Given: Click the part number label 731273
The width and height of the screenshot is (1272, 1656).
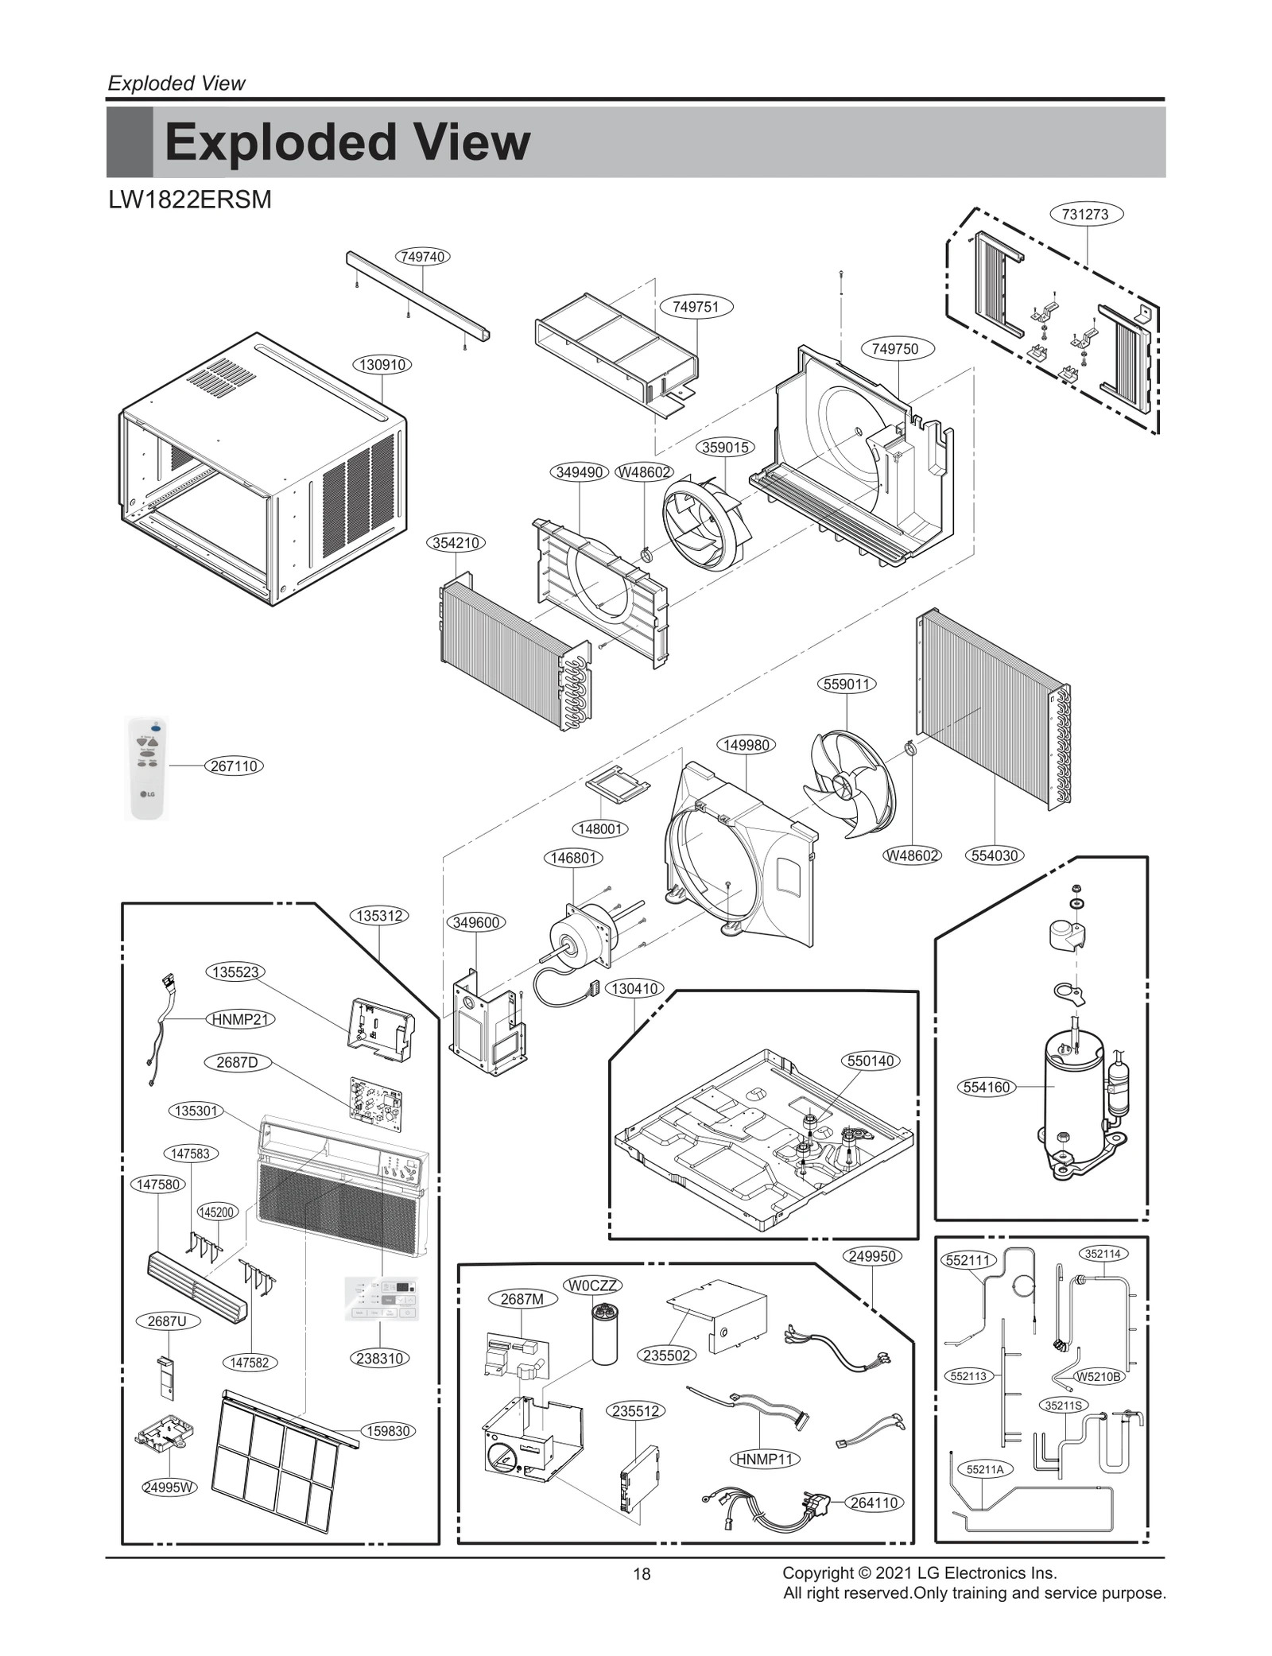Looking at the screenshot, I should pos(1084,214).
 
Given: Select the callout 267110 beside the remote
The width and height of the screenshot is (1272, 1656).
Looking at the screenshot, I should pos(234,766).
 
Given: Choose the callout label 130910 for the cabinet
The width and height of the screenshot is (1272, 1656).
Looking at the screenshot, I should pos(382,365).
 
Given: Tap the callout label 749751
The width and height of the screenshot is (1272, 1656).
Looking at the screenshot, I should pos(696,307).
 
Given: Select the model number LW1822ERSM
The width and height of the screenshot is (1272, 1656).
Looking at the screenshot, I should pos(190,200).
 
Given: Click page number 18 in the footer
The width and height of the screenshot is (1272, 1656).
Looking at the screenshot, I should pos(642,1574).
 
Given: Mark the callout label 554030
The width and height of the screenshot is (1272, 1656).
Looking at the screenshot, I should pos(995,855).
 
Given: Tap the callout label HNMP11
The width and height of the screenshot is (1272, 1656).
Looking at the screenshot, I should pos(764,1459).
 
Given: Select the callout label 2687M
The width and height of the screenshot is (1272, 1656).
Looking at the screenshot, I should pos(522,1299).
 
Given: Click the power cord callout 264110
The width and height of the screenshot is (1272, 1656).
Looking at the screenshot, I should pos(874,1503).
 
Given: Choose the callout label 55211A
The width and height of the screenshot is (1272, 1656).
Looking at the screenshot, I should pos(984,1470).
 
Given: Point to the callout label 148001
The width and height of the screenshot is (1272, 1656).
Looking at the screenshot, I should pos(599,829).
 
